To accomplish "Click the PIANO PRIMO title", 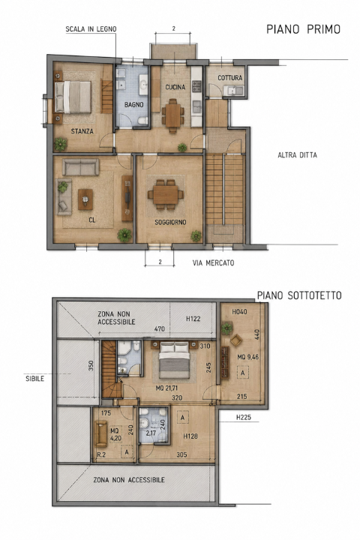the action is pos(303,29).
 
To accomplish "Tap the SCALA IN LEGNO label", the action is pos(91,29).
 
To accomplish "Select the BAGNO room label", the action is pos(133,105).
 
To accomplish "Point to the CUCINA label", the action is pos(175,87).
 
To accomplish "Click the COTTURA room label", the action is pos(229,78).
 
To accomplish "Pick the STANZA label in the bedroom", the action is pos(82,131).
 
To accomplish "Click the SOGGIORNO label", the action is pos(170,223).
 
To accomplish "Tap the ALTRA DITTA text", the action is pos(297,155).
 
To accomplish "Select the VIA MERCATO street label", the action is pos(213,263).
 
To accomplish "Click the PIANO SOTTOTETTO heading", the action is pos(299,295).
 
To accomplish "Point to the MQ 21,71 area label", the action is pos(166,388).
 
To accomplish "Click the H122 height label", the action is pos(193,319).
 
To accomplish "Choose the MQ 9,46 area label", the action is pos(247,357).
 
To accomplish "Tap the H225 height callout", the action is pos(244,418).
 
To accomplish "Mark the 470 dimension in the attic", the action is pos(160,329).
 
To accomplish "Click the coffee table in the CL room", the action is pos(85,199).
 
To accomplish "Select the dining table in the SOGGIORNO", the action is pos(166,195).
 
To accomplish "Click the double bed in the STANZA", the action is pos(73,97).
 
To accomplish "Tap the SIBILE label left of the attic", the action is pos(34,379).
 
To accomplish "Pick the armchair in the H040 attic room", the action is pos(236,340).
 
